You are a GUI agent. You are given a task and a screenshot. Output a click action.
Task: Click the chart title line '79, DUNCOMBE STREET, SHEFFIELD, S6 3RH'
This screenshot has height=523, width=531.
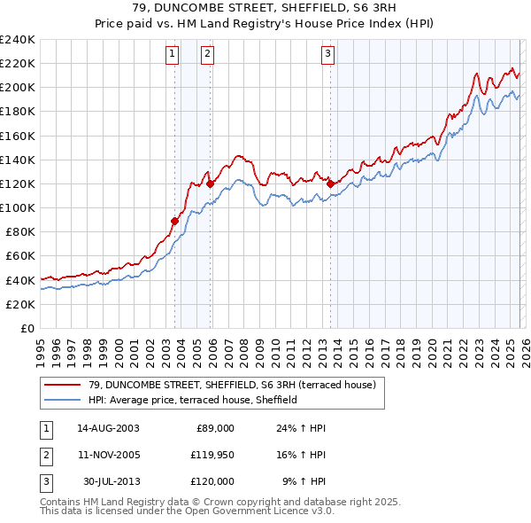(x=265, y=9)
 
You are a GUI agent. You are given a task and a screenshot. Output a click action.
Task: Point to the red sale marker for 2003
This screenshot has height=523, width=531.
(x=175, y=221)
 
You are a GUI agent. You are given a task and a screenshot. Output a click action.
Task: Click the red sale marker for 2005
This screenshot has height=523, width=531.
(x=211, y=183)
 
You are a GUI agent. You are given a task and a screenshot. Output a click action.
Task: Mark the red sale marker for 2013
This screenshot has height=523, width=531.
(x=331, y=183)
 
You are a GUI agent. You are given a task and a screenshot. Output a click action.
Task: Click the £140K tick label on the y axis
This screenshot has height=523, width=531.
(x=18, y=160)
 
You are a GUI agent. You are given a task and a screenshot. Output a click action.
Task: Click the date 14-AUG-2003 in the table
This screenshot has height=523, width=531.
(x=108, y=428)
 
